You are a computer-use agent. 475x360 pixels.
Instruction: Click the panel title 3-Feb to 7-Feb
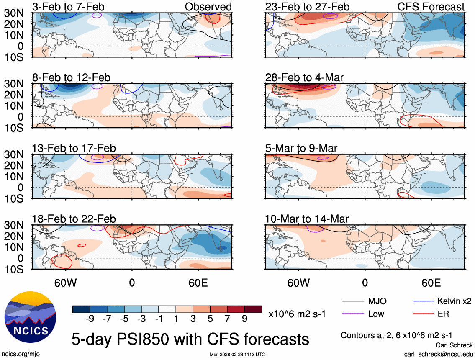click(68, 7)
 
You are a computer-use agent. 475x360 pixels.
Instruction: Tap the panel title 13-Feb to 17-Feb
click(74, 149)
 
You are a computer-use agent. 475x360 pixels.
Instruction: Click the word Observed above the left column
click(208, 7)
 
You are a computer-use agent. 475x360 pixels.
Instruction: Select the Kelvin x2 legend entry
click(454, 301)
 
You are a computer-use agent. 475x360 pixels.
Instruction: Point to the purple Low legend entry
click(375, 314)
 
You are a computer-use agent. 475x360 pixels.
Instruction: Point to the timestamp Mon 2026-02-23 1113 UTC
click(237, 355)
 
